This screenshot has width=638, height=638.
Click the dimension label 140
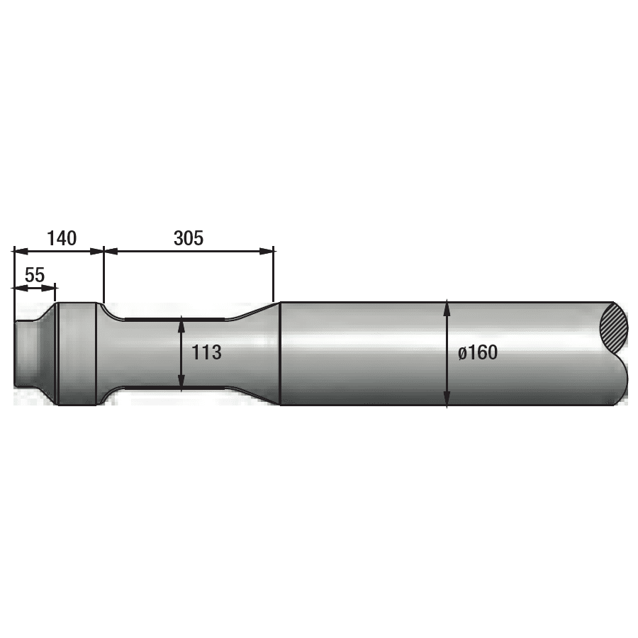(x=62, y=238)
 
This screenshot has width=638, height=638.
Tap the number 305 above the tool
(x=189, y=238)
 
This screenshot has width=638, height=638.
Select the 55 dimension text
(x=35, y=276)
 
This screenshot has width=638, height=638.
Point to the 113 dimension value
(x=206, y=352)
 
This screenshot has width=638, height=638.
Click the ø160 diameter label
(x=478, y=352)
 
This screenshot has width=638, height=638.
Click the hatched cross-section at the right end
(x=614, y=329)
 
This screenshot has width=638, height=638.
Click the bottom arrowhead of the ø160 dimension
(x=447, y=400)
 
